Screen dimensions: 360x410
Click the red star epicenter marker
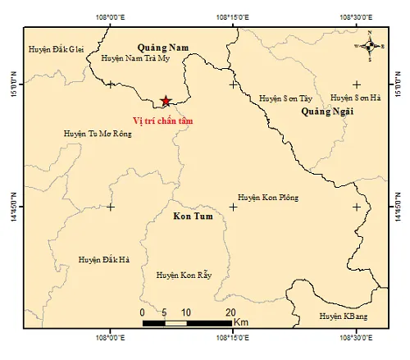[166, 101]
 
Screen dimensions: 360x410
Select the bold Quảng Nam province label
[162, 48]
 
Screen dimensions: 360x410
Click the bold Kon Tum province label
[191, 217]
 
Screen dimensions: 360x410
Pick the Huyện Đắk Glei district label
[55, 49]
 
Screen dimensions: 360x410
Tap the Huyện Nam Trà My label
[135, 59]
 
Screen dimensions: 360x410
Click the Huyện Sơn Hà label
[355, 98]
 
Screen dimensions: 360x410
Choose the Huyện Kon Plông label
[268, 198]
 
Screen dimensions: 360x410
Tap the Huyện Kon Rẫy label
[184, 275]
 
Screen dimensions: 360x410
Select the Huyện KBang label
[344, 316]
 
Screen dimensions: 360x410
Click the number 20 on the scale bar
[230, 312]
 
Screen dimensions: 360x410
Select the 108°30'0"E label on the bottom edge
[356, 336]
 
